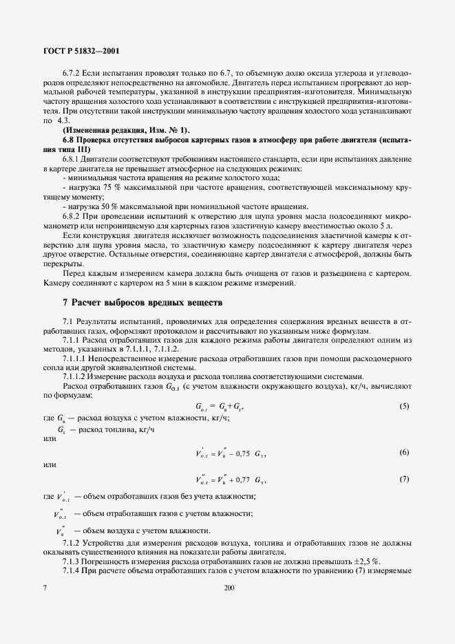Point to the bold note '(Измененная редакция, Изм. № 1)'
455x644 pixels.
[124, 130]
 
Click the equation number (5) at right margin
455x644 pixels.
[404, 407]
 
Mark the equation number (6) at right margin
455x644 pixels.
[404, 452]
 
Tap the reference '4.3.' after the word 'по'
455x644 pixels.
[64, 120]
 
